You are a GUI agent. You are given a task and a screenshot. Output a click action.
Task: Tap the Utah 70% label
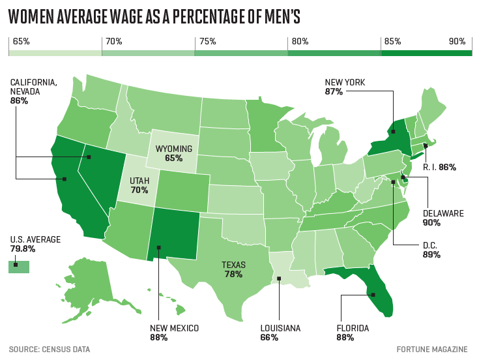139,185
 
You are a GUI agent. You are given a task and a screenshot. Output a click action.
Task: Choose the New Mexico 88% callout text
173,333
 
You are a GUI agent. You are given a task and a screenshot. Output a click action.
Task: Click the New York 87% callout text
345,87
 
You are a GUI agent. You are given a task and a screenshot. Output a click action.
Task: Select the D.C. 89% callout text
431,250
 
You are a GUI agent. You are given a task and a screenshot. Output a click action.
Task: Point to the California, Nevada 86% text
33,91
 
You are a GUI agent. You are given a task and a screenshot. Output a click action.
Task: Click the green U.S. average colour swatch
19,266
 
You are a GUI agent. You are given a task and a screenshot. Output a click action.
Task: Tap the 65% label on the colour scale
22,42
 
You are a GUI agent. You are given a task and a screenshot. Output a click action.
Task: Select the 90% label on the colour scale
457,42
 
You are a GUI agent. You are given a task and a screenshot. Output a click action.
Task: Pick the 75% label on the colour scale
207,42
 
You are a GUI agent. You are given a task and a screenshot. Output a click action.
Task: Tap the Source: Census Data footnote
49,350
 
